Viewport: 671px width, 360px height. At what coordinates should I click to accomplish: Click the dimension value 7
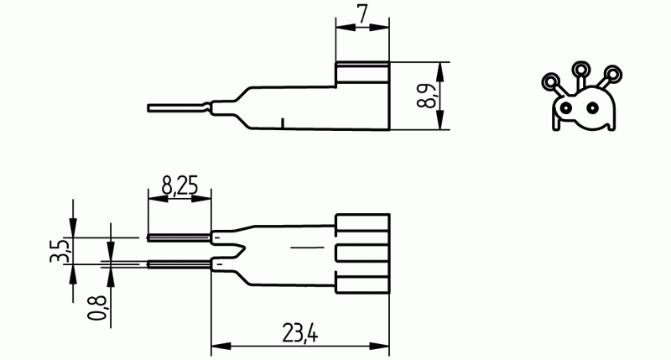pyautogui.click(x=362, y=14)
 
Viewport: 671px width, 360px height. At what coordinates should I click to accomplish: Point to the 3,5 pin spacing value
pyautogui.click(x=60, y=250)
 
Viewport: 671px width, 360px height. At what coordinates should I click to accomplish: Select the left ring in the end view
pyautogui.click(x=551, y=81)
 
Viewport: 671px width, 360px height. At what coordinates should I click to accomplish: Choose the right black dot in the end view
pyautogui.click(x=594, y=107)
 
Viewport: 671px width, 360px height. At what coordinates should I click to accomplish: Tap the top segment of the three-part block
pyautogui.click(x=362, y=226)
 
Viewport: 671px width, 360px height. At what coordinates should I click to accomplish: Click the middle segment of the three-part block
pyautogui.click(x=362, y=253)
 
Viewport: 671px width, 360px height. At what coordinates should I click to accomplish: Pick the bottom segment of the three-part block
pyautogui.click(x=362, y=282)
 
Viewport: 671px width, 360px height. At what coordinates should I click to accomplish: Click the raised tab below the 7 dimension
pyautogui.click(x=362, y=73)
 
